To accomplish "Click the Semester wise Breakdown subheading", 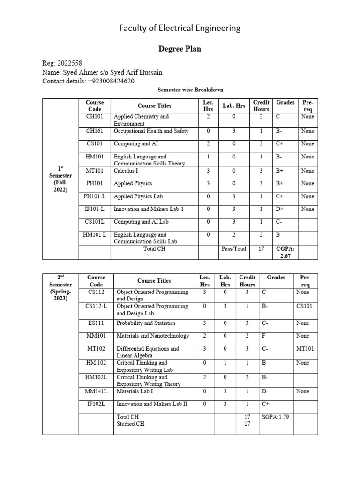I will point(180,90).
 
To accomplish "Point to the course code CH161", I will point(95,131).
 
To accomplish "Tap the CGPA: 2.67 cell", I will point(285,253).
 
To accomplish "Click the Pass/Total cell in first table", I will point(233,249).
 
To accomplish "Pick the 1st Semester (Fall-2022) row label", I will point(60,179).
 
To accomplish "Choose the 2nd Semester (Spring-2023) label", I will point(60,288).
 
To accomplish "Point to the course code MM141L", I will point(96,391).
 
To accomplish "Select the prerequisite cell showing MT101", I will point(305,349).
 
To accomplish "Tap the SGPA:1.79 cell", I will point(276,417).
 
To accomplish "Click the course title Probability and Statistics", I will point(146,323).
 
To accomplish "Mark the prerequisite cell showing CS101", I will point(305,306).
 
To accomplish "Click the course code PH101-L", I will point(95,196).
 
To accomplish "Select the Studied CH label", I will point(130,424).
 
